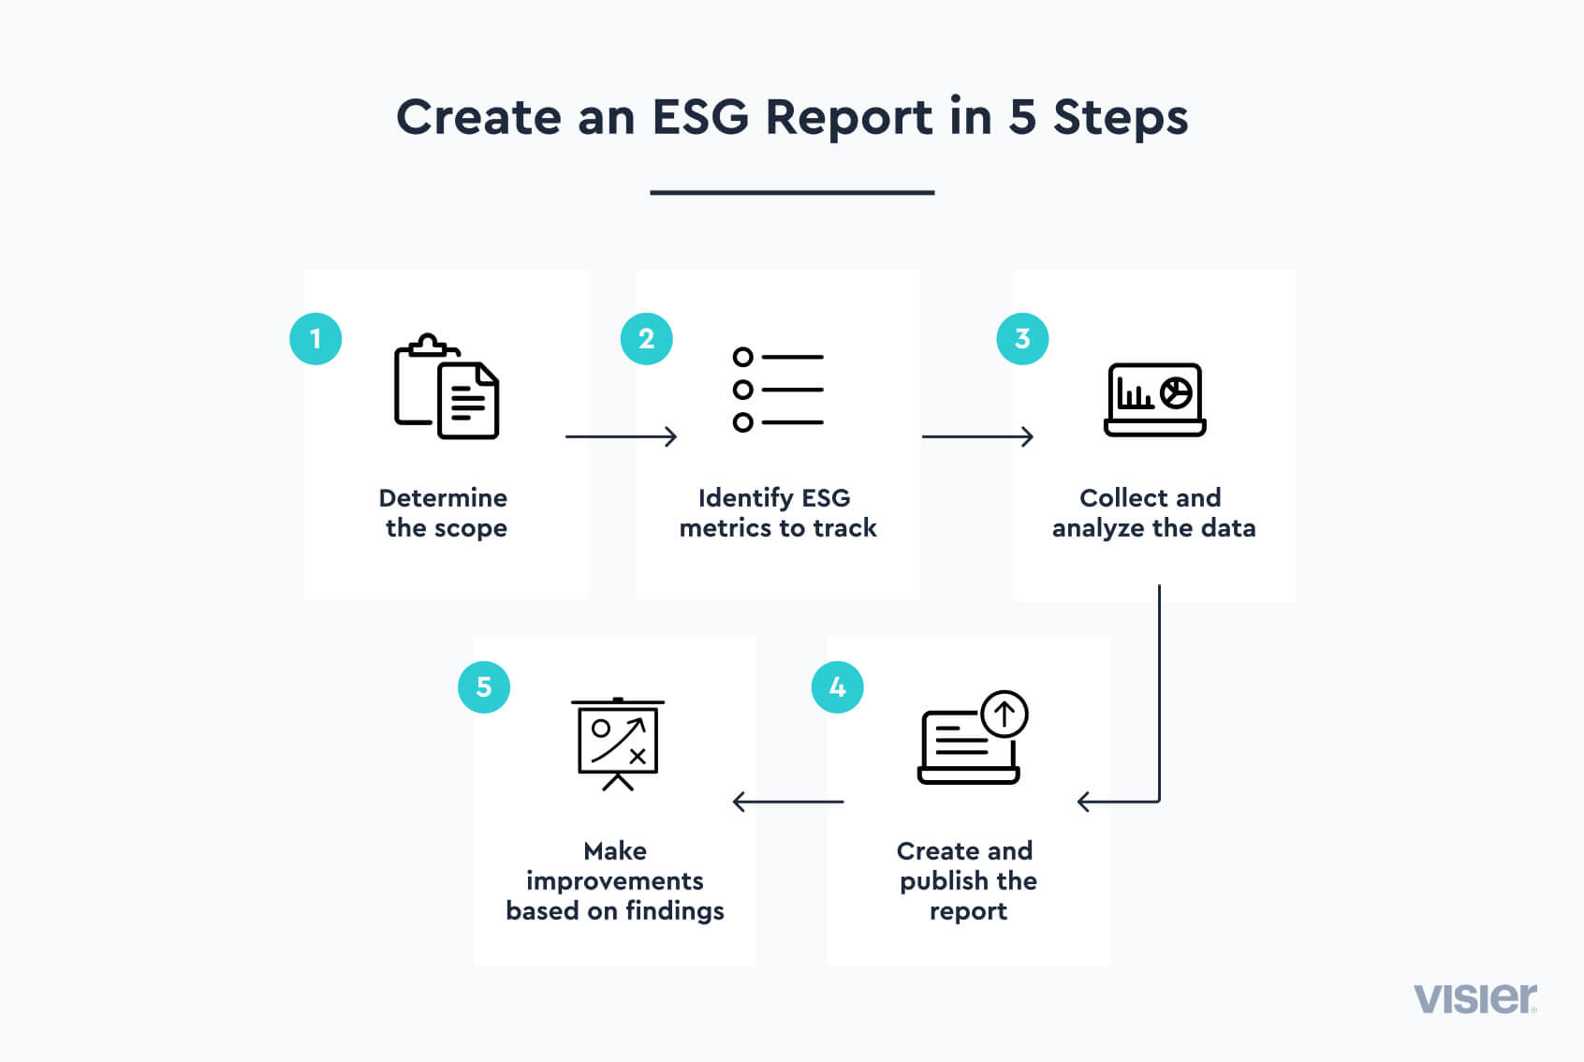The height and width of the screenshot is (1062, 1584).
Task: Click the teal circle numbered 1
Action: click(x=315, y=338)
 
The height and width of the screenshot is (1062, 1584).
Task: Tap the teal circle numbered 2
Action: click(x=647, y=338)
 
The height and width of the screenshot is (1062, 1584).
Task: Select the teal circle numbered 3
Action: click(x=1022, y=338)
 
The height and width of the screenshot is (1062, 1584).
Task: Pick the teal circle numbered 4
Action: click(x=838, y=687)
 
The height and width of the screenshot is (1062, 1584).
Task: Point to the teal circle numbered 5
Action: click(x=484, y=687)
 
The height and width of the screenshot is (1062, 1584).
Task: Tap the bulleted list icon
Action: click(x=778, y=390)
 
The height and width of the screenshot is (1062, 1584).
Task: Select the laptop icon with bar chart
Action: click(x=1154, y=399)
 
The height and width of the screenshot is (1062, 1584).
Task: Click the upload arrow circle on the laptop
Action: click(x=1005, y=715)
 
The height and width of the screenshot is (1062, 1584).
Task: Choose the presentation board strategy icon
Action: click(x=618, y=744)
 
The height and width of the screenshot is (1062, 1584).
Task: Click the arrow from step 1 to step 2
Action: click(x=621, y=436)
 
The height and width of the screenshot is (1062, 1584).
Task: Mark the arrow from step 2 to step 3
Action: click(x=977, y=436)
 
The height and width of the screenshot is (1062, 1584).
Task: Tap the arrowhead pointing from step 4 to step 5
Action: click(x=740, y=802)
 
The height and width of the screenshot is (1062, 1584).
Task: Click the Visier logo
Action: click(x=1474, y=998)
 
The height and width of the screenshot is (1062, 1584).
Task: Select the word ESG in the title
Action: click(x=700, y=118)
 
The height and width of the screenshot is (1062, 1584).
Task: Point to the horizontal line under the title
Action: click(x=792, y=193)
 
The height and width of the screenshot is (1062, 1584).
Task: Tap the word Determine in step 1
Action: click(x=443, y=497)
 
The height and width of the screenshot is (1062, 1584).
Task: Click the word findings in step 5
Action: click(x=675, y=911)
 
